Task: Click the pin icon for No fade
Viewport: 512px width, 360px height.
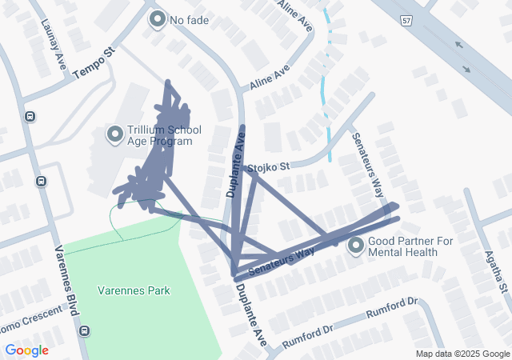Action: (x=157, y=18)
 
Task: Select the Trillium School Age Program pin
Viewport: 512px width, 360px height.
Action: (x=114, y=134)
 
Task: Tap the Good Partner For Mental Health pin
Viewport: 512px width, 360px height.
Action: (x=357, y=246)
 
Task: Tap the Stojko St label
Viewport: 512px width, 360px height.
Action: (x=268, y=168)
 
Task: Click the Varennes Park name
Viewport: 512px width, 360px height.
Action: (x=134, y=290)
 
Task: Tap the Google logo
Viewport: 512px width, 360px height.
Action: (x=26, y=350)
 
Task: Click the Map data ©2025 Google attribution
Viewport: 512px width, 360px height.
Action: (x=462, y=354)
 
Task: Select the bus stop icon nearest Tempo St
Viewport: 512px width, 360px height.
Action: (x=30, y=117)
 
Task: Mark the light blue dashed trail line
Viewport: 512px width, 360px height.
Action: (x=324, y=96)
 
